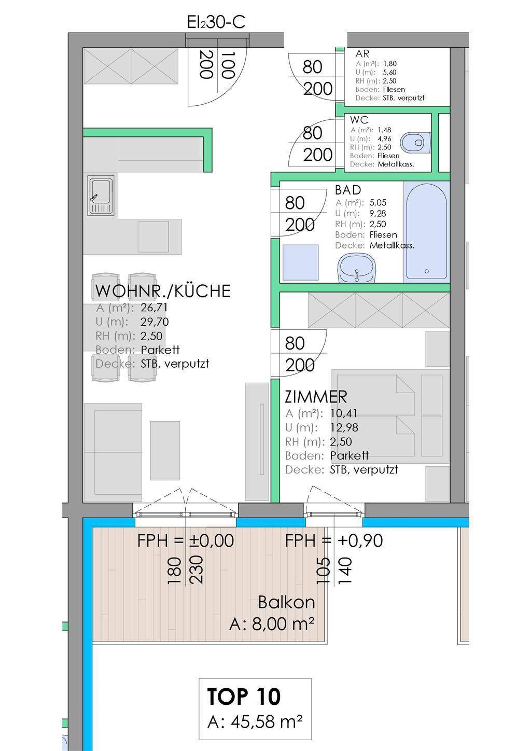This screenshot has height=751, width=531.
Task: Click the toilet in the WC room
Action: tap(415, 142)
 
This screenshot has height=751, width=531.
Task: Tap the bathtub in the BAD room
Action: tap(426, 232)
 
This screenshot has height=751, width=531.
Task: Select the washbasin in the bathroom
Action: tap(356, 268)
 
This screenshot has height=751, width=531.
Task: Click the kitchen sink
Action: tap(101, 196)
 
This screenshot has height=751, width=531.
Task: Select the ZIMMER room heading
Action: tap(316, 397)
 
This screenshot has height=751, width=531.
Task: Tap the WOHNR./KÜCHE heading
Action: tap(163, 290)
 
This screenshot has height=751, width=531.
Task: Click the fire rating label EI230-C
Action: tap(216, 22)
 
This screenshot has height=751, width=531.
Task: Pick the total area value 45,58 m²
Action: tap(255, 722)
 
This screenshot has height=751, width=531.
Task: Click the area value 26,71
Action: tap(154, 308)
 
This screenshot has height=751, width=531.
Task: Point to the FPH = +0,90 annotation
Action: tap(334, 541)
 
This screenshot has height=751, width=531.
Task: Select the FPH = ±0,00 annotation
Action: tap(186, 541)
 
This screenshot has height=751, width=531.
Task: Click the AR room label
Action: tap(362, 53)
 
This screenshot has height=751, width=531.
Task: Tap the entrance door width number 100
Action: tap(228, 65)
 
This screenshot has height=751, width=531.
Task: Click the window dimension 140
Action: tap(345, 571)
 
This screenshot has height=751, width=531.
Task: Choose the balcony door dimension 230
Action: tap(197, 570)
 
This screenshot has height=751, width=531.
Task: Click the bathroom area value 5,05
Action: tap(378, 202)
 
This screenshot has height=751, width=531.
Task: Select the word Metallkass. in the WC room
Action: tap(396, 164)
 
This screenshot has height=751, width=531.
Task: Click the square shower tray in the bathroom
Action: tap(300, 262)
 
